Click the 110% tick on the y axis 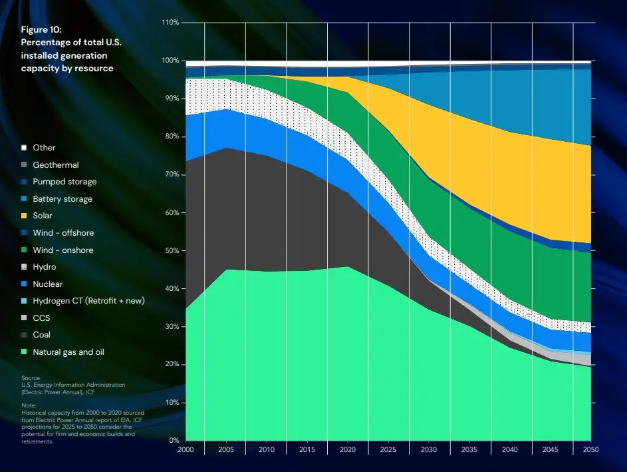pos(170,23)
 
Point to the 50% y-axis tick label pos(172,250)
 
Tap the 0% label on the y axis pos(174,441)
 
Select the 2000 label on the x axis pos(186,450)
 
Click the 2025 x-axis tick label pos(388,450)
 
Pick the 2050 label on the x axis pos(590,450)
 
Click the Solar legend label pos(42,216)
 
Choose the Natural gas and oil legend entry pos(68,352)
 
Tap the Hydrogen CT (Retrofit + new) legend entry pos(88,301)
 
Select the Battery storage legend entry pos(62,199)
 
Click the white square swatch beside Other pos(24,148)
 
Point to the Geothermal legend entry pos(55,165)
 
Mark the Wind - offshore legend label pos(63,233)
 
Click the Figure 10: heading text pos(41,31)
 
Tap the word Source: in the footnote pos(31,377)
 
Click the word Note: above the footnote pos(29,405)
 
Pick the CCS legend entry pos(41,318)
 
